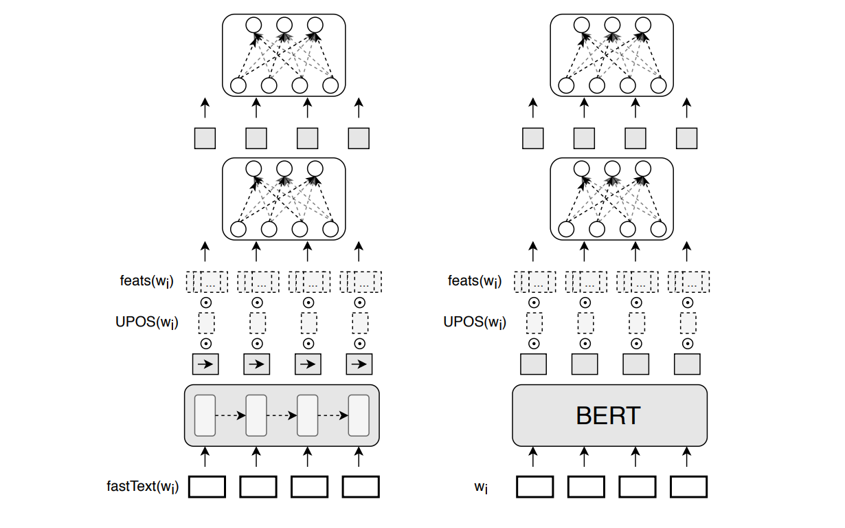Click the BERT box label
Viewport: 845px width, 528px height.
[x=609, y=415]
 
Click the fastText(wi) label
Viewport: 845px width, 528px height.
[x=142, y=487]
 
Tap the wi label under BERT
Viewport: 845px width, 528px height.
[x=481, y=487]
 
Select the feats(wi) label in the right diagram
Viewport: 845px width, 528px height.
[x=474, y=281]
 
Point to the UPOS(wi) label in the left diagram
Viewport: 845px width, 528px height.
[x=146, y=322]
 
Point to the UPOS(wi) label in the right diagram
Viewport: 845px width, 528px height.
[x=475, y=322]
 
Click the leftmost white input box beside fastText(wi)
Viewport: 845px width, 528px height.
[x=207, y=487]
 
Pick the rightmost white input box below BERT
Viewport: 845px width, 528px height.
[x=688, y=487]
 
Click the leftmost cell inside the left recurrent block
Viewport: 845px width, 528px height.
[x=205, y=415]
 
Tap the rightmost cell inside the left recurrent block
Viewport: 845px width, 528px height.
[x=359, y=415]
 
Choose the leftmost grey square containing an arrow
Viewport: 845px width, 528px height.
[x=205, y=364]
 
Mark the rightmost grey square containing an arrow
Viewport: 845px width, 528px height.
[x=359, y=364]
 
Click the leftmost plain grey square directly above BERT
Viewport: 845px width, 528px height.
[x=533, y=364]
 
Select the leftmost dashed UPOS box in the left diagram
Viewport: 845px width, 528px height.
[x=206, y=322]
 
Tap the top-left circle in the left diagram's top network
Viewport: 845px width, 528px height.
[x=253, y=25]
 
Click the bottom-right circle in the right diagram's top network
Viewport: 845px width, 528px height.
[x=659, y=86]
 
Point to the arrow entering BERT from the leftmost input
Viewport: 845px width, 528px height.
[x=533, y=456]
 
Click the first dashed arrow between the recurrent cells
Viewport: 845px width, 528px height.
[x=230, y=415]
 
